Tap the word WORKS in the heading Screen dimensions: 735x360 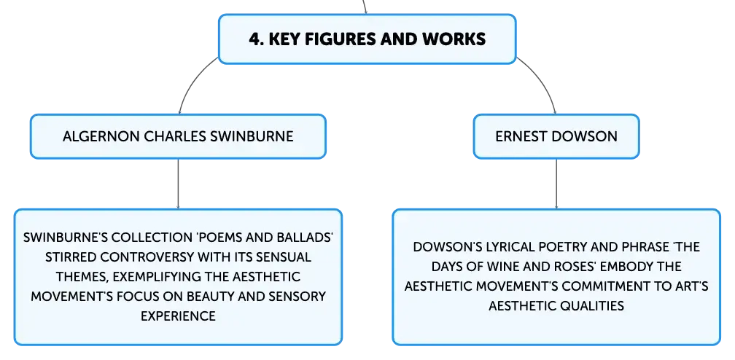point(457,39)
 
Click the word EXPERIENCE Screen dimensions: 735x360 point(178,316)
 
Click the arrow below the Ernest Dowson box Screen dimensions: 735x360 point(556,184)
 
